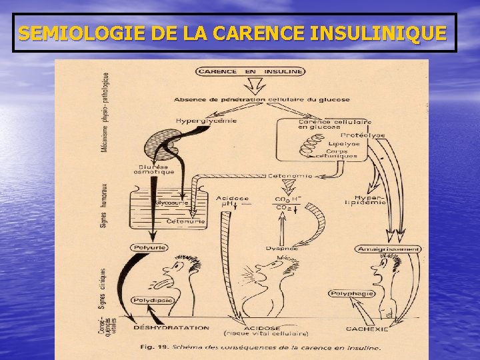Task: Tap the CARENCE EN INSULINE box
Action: point(250,71)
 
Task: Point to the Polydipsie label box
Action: point(153,301)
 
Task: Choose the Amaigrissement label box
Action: point(389,249)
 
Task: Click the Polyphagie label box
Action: point(352,293)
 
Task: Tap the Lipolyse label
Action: point(343,143)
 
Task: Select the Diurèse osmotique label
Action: point(157,169)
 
